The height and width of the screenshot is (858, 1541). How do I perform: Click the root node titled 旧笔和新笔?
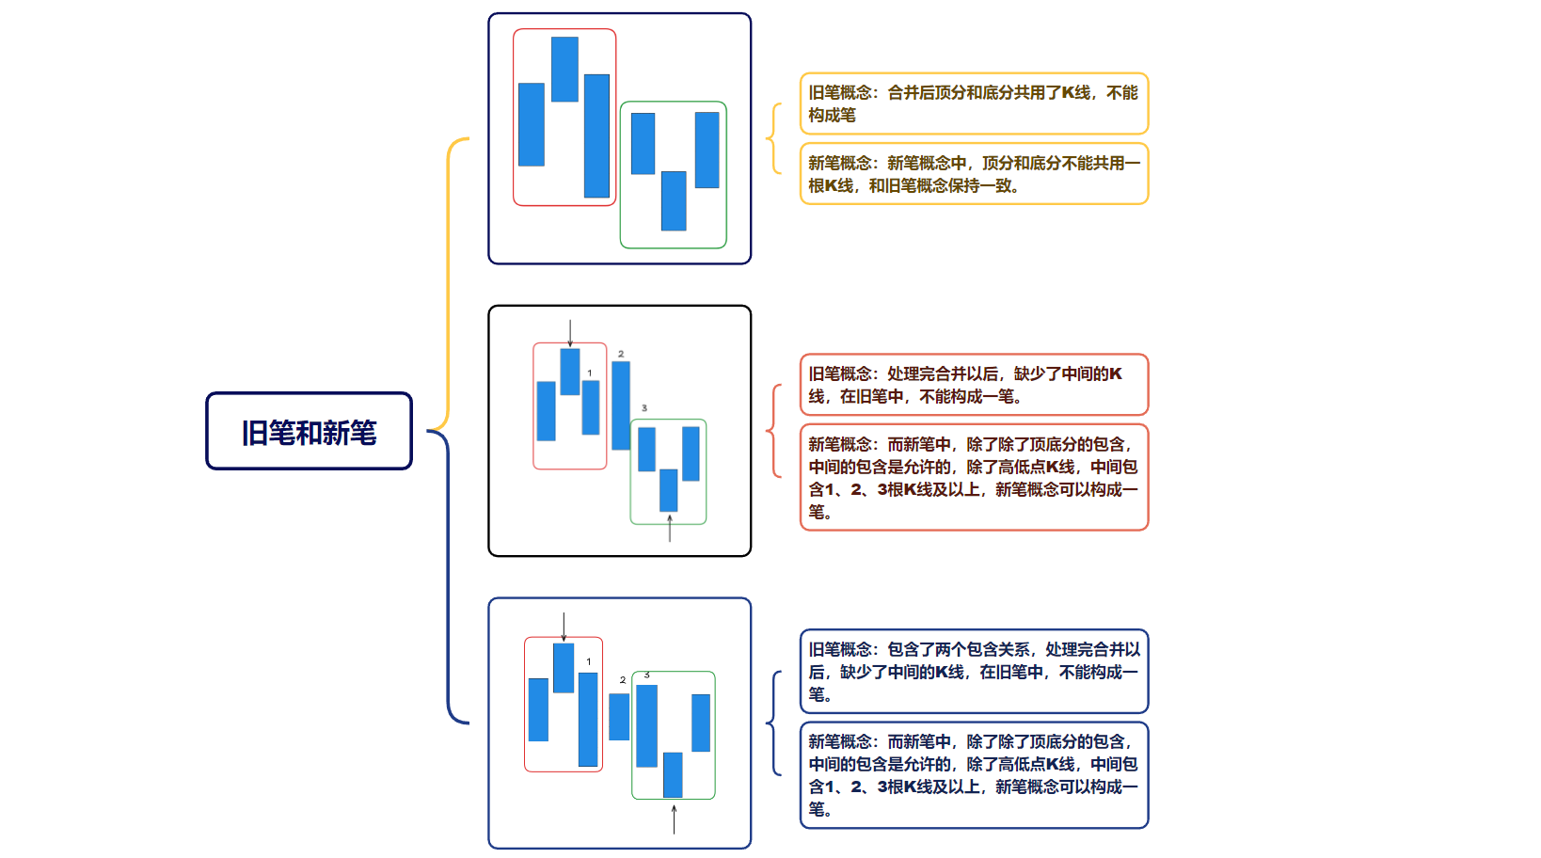coord(309,432)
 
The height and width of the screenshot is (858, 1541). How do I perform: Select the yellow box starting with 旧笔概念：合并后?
coord(974,103)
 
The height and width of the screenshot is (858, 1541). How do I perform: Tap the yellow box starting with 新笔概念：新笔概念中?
coord(974,174)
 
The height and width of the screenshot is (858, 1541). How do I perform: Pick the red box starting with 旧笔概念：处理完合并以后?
coord(974,385)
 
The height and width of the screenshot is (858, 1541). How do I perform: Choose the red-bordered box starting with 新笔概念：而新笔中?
coord(974,478)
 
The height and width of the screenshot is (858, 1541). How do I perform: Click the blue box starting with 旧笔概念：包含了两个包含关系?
coord(974,672)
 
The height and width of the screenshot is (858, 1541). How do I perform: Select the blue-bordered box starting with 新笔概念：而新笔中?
coord(974,775)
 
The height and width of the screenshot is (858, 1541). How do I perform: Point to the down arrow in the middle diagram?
coord(570,333)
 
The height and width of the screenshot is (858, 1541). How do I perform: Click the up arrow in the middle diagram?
coord(670,528)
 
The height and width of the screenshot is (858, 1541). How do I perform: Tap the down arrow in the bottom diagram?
coord(564,627)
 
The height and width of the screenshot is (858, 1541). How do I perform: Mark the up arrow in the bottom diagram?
coord(675,818)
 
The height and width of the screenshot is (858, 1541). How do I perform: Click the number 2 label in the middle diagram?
coord(621,354)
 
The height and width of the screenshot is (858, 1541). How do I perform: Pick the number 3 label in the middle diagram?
coord(643,408)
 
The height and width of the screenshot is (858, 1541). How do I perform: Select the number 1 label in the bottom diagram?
coord(589,661)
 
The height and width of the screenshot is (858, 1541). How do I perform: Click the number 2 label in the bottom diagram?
coord(623,680)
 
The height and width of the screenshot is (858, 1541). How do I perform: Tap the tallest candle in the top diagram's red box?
coord(597,136)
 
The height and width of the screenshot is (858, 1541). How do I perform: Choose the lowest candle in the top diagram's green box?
coord(674,201)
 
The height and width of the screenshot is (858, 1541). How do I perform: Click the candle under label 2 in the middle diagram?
coord(621,405)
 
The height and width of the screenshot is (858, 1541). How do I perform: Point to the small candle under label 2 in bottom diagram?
coord(619,717)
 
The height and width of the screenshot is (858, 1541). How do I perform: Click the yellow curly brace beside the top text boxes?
coord(773,138)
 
